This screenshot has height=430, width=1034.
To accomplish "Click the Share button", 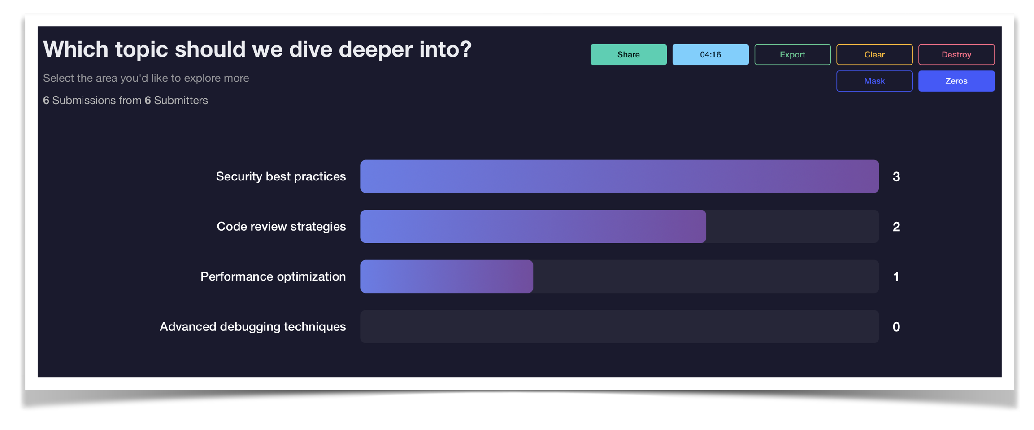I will click(x=628, y=55).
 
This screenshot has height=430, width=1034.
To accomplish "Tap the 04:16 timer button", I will click(x=710, y=55).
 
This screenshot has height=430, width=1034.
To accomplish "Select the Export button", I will click(x=792, y=55).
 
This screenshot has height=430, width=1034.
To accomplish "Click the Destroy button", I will click(x=956, y=55).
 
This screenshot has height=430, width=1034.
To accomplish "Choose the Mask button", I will click(x=874, y=81).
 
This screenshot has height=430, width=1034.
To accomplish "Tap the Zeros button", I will click(x=956, y=81).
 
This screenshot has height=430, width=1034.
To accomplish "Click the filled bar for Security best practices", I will click(x=619, y=176).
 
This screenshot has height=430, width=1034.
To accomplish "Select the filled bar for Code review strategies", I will click(x=533, y=227).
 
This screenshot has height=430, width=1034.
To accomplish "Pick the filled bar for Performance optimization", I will click(x=446, y=276).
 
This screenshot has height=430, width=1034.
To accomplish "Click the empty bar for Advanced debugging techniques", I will click(x=619, y=327).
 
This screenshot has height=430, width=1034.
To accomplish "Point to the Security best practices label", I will click(x=281, y=176).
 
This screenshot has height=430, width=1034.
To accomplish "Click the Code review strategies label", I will click(x=281, y=227).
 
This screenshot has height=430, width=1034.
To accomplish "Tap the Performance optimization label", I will click(x=273, y=276).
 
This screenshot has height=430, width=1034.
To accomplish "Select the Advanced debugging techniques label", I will click(x=252, y=327).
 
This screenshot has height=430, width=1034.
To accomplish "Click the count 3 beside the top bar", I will click(x=896, y=177).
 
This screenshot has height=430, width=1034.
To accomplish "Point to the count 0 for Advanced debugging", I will click(x=896, y=327).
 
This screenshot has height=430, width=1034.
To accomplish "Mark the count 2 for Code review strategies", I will click(x=896, y=227).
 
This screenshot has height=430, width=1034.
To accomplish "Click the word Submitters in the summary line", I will click(x=181, y=101).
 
